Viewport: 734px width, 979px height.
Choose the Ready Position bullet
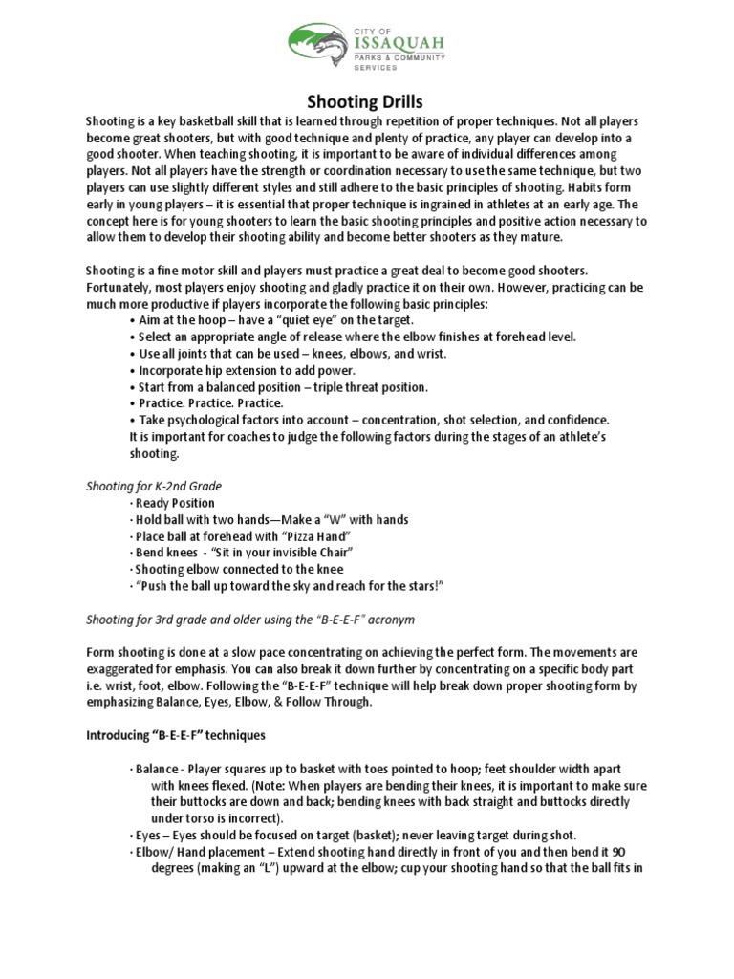pos(175,503)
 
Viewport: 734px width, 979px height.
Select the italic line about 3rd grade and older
pos(250,620)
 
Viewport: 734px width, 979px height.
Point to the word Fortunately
pos(119,287)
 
